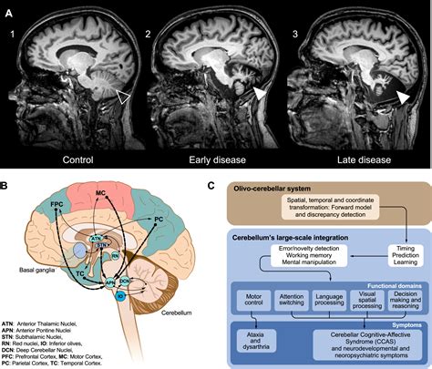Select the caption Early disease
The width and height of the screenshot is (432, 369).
[216, 161]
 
